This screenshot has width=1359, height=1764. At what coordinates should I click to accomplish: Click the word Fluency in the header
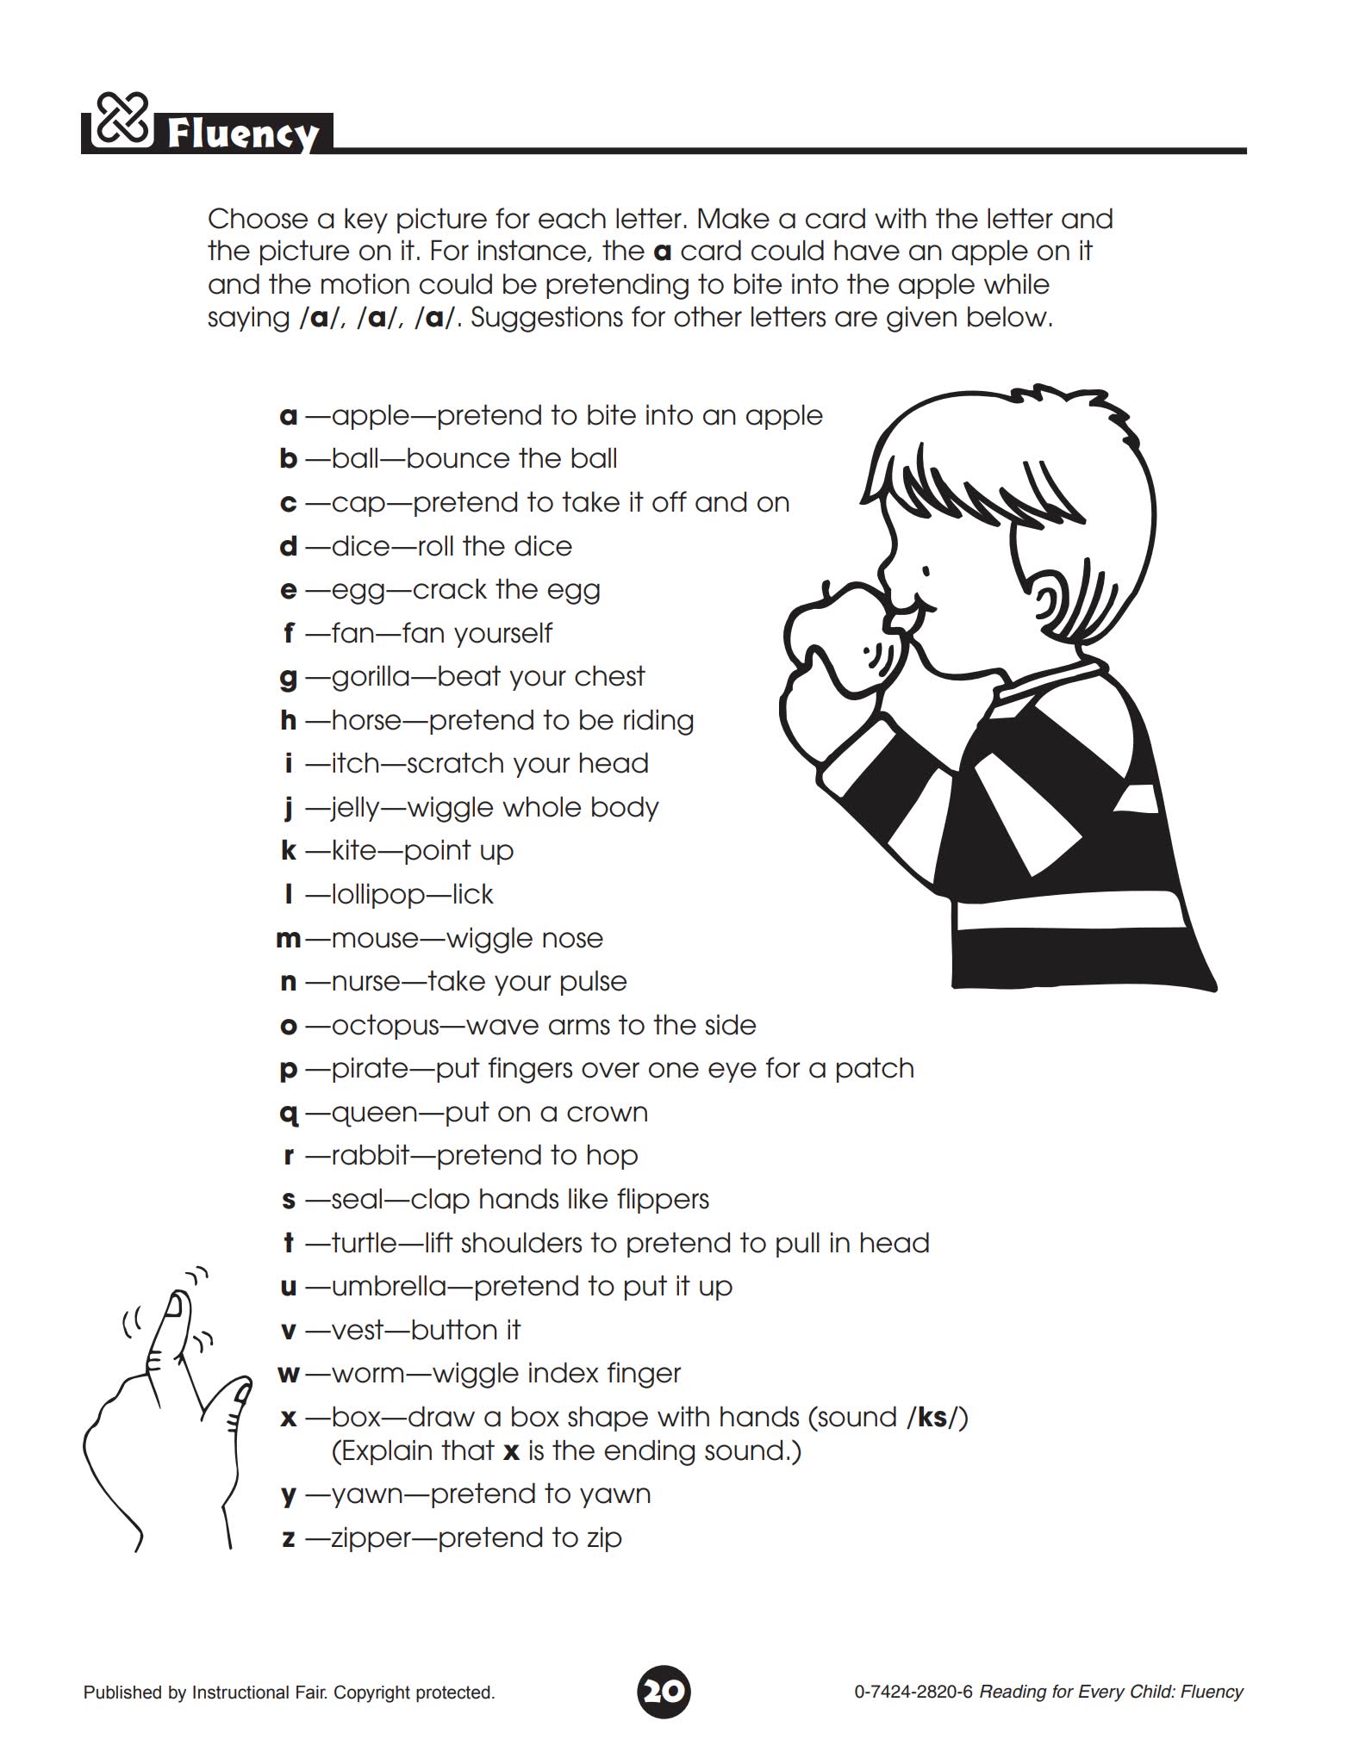(242, 135)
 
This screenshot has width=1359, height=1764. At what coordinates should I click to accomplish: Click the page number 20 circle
(664, 1692)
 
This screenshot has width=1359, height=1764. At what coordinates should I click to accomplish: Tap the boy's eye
(926, 570)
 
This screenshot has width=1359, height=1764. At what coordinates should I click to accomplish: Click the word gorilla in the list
(371, 677)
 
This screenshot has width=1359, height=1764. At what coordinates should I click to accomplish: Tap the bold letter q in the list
(289, 1113)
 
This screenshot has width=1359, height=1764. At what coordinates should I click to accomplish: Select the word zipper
(371, 1538)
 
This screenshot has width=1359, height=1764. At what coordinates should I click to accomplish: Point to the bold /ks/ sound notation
(937, 1418)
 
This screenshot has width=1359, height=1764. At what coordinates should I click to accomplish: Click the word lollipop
(378, 895)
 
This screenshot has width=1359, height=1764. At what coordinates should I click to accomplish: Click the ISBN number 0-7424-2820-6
(913, 1693)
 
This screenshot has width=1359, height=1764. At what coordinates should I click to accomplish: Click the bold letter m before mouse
(289, 939)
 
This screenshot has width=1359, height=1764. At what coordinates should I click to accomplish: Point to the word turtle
(365, 1243)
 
